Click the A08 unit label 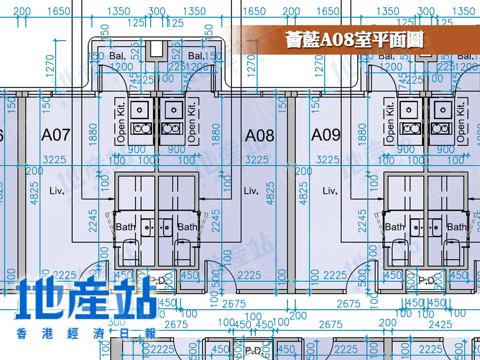coord(260,136)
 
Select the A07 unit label coord(56,135)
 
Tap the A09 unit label coord(326,135)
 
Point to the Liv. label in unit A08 coord(251,191)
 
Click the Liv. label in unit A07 coord(57,191)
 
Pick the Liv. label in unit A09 coord(330,191)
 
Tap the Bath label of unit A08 coord(187,227)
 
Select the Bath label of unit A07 coord(125,227)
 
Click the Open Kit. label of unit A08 coord(191,121)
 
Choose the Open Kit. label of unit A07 coord(121,121)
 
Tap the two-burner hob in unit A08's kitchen coord(170,128)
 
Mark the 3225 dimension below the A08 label coord(257,160)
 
